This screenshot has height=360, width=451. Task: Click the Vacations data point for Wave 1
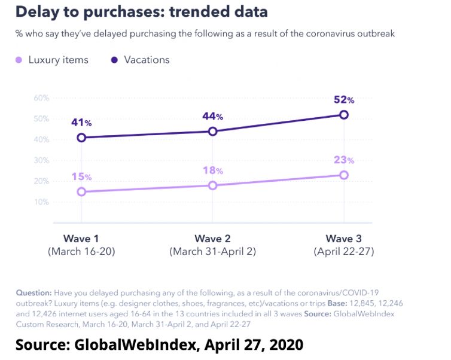[81, 138]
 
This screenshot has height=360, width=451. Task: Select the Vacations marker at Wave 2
[212, 131]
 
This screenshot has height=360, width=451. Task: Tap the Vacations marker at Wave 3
[344, 114]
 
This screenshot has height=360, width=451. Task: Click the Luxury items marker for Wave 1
[81, 191]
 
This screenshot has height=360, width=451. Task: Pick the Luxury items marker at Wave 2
[212, 185]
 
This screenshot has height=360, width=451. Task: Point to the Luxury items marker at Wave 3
[344, 175]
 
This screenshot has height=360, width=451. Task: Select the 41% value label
[81, 123]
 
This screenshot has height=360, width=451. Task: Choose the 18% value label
[212, 171]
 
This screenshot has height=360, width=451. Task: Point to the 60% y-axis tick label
[41, 97]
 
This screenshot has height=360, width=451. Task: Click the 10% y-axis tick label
[41, 202]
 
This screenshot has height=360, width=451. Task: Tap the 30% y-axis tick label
[41, 160]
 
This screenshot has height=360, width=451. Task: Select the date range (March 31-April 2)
[212, 252]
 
